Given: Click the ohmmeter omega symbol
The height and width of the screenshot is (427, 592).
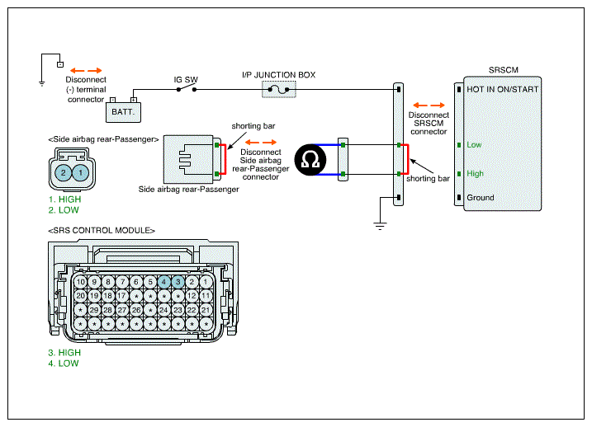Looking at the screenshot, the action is [x=310, y=159].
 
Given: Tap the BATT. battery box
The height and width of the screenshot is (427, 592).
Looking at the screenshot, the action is [x=123, y=112].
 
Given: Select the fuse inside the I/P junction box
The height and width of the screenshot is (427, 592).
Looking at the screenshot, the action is [x=278, y=90].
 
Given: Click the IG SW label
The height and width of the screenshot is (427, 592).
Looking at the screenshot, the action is [x=186, y=79].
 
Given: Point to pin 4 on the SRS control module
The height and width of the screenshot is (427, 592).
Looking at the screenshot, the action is [x=163, y=282].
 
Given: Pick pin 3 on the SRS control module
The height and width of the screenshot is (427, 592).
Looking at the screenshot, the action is [x=178, y=282].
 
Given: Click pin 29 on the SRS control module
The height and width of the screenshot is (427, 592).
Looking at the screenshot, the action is [x=94, y=310].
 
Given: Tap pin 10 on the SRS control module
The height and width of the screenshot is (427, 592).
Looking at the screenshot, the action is [x=80, y=282].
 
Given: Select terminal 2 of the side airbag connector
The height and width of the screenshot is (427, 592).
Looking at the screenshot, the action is [x=64, y=173].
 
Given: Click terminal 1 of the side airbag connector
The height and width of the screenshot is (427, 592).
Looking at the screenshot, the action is [x=80, y=173].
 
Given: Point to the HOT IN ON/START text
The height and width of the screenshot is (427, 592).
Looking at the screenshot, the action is [x=503, y=89].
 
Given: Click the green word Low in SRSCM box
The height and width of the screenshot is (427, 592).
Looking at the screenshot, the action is [x=474, y=145].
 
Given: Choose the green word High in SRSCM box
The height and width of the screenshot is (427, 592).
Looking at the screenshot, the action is [x=475, y=174].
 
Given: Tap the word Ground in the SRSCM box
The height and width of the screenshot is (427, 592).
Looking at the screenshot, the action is [x=481, y=198].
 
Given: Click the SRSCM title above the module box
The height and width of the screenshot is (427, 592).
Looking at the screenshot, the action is [x=504, y=70].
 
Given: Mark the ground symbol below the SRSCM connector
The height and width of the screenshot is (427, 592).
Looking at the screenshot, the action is [x=380, y=226].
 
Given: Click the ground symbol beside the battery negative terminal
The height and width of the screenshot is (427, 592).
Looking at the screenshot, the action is [x=42, y=83].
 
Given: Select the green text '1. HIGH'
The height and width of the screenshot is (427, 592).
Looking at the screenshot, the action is [x=64, y=199].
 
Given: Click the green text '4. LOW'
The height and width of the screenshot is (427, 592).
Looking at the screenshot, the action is [x=64, y=364].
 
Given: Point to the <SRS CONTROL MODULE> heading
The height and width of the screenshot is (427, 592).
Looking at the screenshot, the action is [x=102, y=230].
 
